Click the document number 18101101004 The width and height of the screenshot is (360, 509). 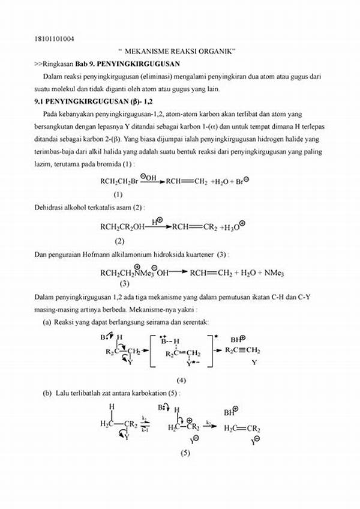tap(55, 39)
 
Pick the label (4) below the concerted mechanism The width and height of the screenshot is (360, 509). tap(181, 380)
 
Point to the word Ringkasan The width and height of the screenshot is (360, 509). tap(58, 63)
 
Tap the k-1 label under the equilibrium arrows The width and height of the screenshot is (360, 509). tap(145, 430)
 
